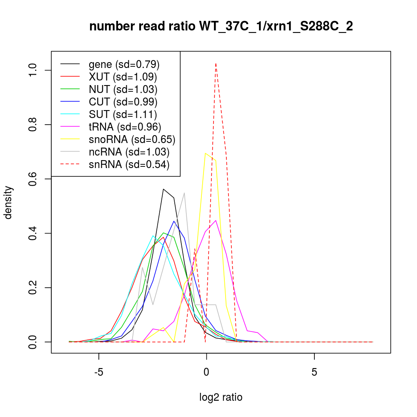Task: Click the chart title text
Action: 221,26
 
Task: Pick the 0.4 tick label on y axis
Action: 33,233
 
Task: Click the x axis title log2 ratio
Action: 221,397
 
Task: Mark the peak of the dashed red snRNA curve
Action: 216,64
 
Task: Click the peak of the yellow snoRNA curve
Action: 205,153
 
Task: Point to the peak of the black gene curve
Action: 163,189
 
